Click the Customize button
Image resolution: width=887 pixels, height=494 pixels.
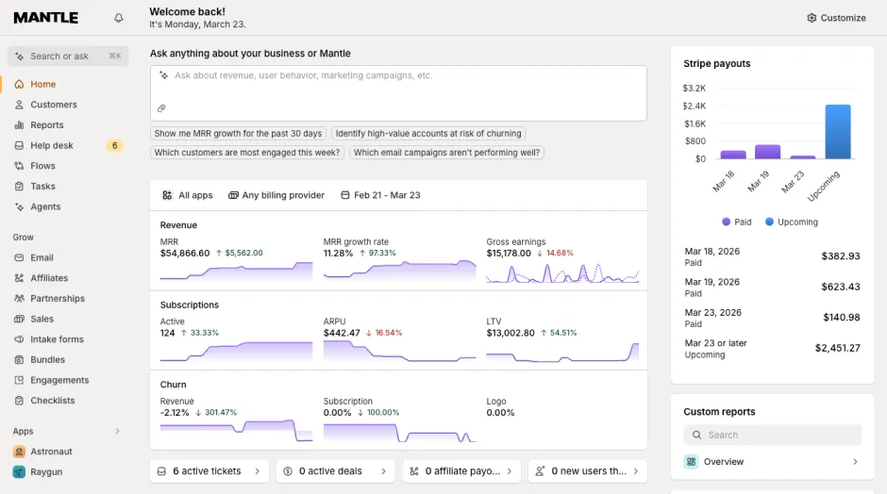[x=836, y=18]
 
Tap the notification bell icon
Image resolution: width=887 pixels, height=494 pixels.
[x=119, y=18]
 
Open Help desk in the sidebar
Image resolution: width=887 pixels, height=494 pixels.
[x=52, y=145]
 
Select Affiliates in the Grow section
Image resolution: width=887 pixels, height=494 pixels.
[x=49, y=278]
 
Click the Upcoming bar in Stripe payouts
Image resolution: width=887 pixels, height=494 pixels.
[x=838, y=132]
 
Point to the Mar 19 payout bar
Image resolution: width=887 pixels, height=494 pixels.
[x=767, y=152]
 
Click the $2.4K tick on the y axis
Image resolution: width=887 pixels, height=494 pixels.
[x=695, y=106]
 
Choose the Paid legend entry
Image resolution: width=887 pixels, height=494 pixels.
[x=737, y=222]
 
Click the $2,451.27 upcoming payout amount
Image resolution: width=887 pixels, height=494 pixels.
[x=837, y=348]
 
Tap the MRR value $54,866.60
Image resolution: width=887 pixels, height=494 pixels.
[x=185, y=254]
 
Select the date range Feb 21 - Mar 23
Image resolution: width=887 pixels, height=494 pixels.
[x=380, y=195]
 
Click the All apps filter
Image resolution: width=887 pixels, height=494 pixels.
[x=188, y=195]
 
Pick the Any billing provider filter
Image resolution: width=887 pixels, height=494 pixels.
[x=276, y=195]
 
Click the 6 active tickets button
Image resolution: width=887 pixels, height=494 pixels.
[x=209, y=471]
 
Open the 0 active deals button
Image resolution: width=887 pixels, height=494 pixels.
[x=335, y=471]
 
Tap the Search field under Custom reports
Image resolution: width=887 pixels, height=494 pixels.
[x=772, y=435]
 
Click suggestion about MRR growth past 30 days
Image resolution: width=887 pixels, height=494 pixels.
[x=239, y=134]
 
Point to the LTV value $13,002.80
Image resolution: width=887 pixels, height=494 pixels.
[x=511, y=333]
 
